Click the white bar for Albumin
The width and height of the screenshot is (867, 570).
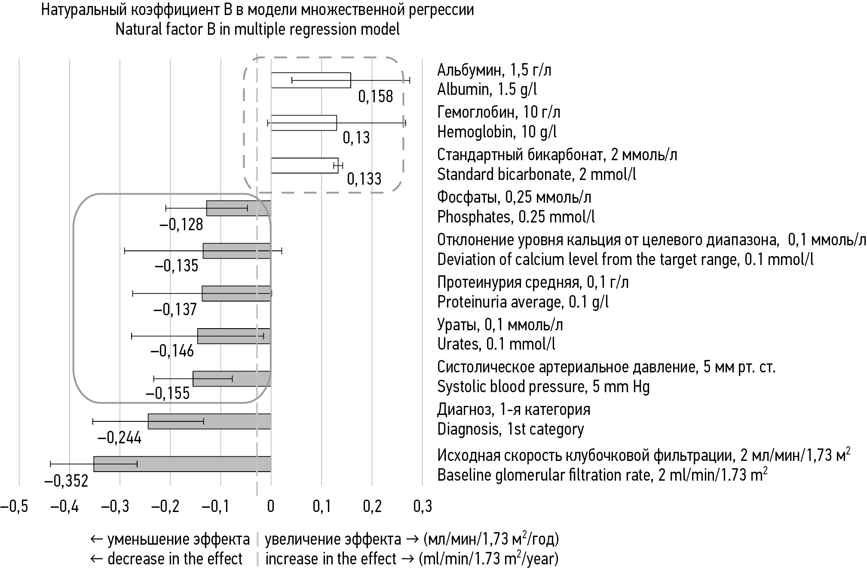click(310, 80)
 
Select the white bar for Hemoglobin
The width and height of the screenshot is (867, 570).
click(303, 122)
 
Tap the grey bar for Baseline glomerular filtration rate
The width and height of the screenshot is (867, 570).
click(182, 463)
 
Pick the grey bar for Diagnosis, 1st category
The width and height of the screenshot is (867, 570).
click(209, 421)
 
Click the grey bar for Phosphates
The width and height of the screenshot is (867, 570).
click(239, 208)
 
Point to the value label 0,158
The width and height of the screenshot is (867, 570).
click(375, 96)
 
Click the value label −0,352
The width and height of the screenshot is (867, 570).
click(66, 481)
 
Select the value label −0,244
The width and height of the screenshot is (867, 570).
click(119, 438)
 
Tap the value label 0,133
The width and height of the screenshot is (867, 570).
click(364, 179)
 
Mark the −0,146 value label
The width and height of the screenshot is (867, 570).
click(172, 351)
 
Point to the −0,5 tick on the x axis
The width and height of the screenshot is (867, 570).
click(14, 506)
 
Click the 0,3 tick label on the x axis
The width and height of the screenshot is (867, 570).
click(423, 506)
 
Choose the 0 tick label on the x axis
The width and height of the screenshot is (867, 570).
click(271, 506)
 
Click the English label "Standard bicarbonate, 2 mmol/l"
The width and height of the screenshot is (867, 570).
click(536, 174)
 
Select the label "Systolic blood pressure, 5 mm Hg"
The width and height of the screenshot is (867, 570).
click(543, 387)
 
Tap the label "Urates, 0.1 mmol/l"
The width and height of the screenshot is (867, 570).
click(496, 344)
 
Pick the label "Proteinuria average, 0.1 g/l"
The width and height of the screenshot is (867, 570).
click(523, 302)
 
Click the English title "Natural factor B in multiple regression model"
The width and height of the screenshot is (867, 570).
click(257, 29)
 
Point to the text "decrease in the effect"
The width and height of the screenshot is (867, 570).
click(175, 559)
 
